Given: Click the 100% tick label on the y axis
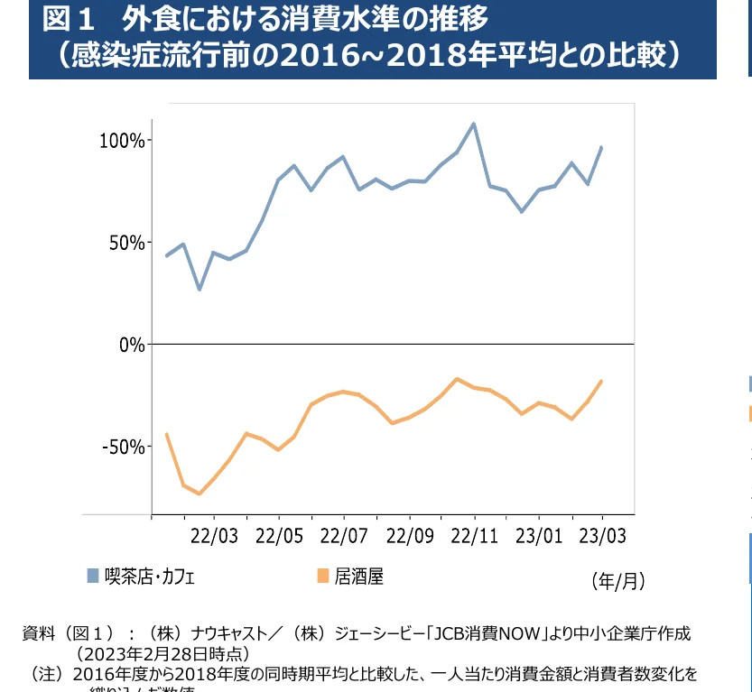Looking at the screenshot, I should coord(122,141).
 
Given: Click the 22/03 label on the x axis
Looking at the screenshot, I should coord(214,536).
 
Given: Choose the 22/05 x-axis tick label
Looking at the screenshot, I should coord(279,536).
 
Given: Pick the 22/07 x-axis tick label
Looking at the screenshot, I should coord(344,536).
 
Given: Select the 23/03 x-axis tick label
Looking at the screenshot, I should coord(602,536).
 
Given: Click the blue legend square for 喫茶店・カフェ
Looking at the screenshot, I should coord(93,576).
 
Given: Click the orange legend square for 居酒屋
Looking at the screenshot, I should coord(322,576).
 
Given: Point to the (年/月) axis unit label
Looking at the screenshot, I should coord(617,580).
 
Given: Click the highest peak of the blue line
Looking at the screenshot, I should coord(474,124).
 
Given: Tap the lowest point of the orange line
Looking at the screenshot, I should coord(200,494).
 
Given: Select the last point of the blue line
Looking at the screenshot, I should coord(601,147).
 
